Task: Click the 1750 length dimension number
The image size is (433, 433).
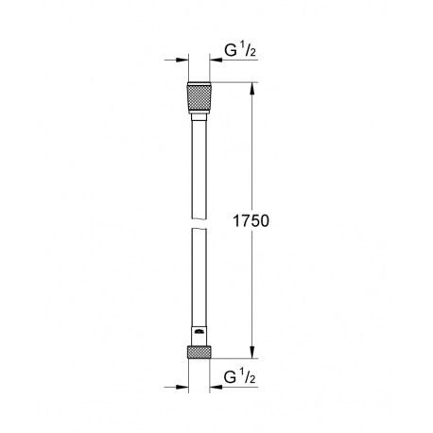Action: click(x=251, y=221)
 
